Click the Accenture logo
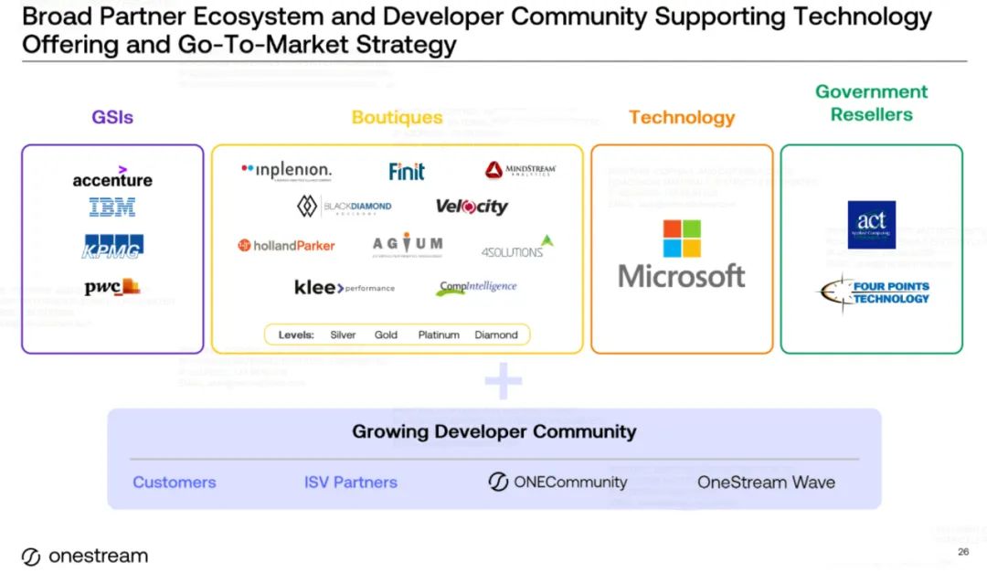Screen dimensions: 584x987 pos(112,177)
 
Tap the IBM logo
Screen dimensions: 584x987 pos(112,208)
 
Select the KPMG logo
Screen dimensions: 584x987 pos(113,246)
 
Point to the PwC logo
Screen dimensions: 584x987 pos(112,287)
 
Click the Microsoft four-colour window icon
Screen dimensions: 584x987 pos(682,239)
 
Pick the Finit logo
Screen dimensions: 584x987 pos(407,171)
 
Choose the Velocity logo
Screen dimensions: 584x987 pos(471,207)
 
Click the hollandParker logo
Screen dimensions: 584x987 pos(287,245)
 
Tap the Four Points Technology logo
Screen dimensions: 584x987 pos(873,292)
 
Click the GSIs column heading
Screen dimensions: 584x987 pos(112,117)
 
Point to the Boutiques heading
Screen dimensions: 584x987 pos(397,117)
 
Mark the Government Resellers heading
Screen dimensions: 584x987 pos(871,103)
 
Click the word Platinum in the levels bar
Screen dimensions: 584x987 pos(439,334)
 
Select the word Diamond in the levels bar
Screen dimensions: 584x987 pos(496,334)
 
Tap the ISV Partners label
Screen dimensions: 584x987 pos(351,483)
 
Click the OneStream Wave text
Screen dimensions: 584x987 pos(766,483)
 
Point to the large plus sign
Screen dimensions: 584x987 pos(503,381)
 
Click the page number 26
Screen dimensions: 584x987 pos(963,552)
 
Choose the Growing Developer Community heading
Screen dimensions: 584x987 pos(494,431)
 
